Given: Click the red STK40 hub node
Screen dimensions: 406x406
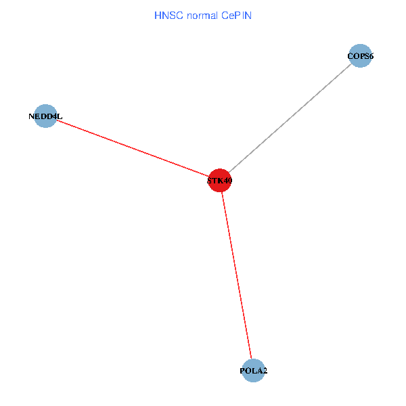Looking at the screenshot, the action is [x=219, y=180].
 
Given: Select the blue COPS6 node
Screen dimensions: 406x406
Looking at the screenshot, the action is [x=360, y=55].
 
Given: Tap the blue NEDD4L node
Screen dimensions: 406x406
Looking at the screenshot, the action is [x=45, y=116].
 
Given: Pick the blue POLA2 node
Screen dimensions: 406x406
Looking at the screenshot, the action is [x=253, y=371].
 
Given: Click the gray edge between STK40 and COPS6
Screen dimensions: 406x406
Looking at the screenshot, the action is [x=290, y=118].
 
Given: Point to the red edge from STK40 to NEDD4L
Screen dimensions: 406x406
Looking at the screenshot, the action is [x=133, y=148].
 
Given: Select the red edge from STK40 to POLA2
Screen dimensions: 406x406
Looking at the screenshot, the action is [x=236, y=275].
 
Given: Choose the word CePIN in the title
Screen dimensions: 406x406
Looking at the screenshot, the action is [x=236, y=16].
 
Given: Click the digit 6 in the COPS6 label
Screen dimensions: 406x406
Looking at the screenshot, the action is [x=371, y=56].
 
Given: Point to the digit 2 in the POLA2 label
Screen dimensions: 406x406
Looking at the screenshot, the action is [x=265, y=371].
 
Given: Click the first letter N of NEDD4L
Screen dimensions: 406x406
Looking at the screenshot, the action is [x=32, y=116].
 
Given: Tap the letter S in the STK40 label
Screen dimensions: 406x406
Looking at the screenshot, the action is [x=210, y=181].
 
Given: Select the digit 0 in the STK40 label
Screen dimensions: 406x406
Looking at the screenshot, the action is [x=229, y=181].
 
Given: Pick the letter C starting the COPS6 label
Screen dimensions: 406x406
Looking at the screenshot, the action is [x=351, y=56].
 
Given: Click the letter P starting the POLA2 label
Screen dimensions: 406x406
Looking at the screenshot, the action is [x=243, y=371].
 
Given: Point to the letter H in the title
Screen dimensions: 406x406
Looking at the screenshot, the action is [x=158, y=16].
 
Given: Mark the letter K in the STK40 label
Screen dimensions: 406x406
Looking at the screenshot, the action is [x=219, y=181].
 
